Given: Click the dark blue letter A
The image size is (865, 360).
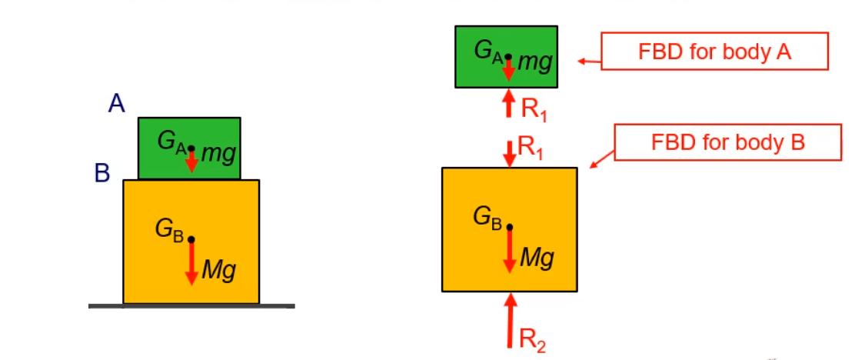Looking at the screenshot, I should [x=116, y=102].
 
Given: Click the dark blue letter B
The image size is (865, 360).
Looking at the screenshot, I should [x=102, y=174].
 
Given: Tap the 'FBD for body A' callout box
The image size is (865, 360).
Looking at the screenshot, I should [x=714, y=52].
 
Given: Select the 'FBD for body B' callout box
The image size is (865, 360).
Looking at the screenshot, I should [x=727, y=142].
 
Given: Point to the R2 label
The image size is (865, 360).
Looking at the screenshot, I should [x=533, y=340].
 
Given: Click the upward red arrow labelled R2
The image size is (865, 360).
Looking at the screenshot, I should [x=509, y=322].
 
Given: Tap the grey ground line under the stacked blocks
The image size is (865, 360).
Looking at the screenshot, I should [x=191, y=306].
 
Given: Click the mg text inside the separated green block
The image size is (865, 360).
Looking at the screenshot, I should [x=534, y=61].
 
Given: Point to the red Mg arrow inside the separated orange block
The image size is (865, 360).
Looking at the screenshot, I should [x=509, y=250].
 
